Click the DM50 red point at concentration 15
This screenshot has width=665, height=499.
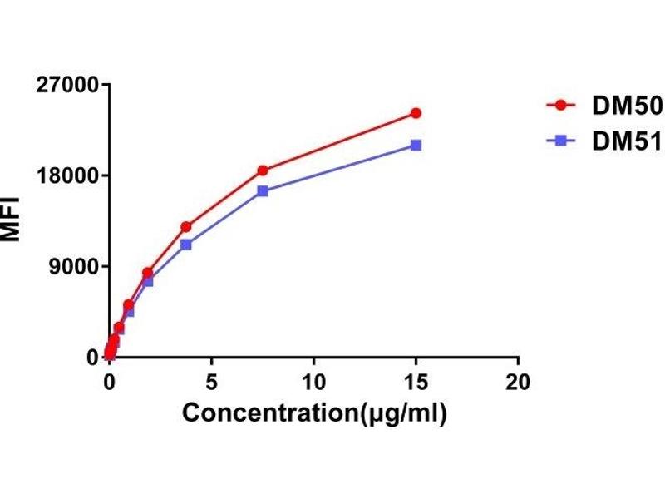pos(416,113)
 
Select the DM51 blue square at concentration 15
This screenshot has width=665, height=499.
pos(416,146)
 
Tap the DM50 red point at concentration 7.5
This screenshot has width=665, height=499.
pos(263,170)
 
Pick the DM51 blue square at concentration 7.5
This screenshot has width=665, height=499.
pos(263,190)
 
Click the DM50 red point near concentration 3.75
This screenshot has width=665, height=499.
pos(186,227)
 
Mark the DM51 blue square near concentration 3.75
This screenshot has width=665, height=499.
pos(186,245)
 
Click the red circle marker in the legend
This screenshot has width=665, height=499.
pos(560,106)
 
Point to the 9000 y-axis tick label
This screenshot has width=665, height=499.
pos(73,266)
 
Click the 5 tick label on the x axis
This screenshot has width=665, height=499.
pos(211,381)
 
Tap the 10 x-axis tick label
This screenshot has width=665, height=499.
pos(313,381)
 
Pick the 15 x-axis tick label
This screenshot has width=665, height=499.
pos(416,381)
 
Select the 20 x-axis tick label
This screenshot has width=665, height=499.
pos(518,381)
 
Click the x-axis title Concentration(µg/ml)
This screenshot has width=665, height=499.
pos(314,413)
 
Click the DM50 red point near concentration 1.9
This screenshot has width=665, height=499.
pos(148,273)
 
